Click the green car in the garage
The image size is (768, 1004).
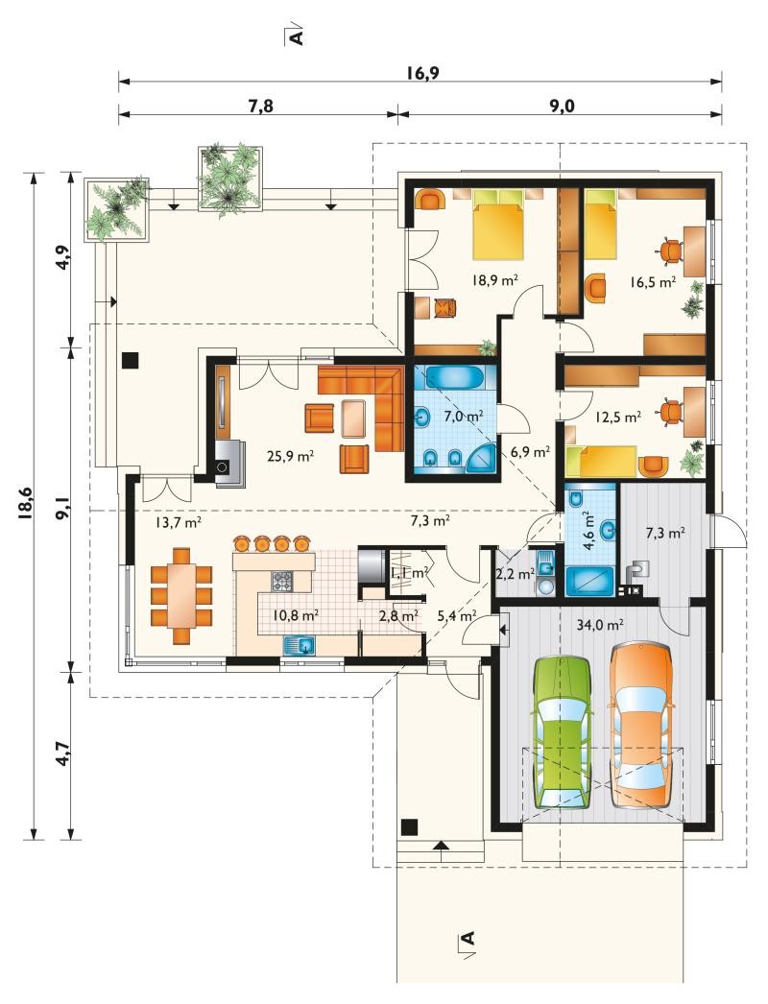pos(561,731)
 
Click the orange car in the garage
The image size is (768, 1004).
pos(640,724)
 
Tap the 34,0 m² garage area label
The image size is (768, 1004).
pos(600,625)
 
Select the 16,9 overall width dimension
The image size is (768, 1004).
pos(421,73)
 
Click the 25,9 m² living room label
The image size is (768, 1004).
pos(290,457)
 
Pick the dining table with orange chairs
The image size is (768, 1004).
pos(181,595)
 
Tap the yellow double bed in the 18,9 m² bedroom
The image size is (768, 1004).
pos(498,224)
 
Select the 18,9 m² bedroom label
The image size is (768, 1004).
pos(494,279)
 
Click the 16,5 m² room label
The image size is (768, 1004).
pos(653,282)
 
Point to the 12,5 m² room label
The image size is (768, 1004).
pos(618,418)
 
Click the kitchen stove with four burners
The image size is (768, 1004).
pos(282,581)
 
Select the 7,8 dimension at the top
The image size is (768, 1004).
pos(260,106)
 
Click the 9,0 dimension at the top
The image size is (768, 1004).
pos(561,106)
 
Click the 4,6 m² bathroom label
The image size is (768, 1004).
pos(589,531)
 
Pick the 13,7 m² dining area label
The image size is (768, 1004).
pos(179,522)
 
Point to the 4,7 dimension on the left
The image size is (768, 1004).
pos(62,753)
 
